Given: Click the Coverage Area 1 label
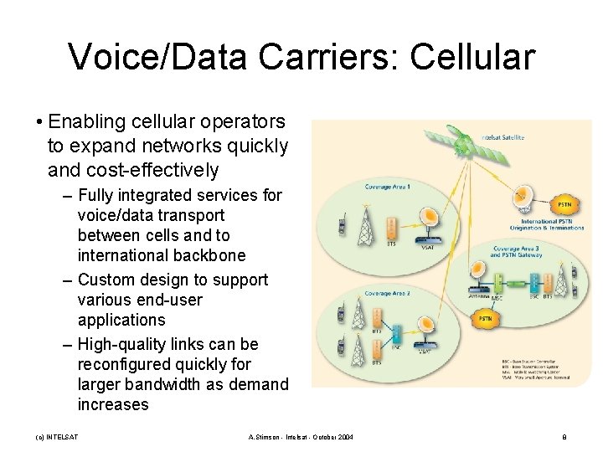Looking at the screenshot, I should tap(387, 186).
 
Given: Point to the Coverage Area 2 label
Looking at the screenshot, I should tap(387, 294).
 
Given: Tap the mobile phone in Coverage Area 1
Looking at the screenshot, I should tap(342, 225).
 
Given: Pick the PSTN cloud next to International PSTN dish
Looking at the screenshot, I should tap(565, 204).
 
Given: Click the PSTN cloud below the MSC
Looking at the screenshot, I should tap(485, 319).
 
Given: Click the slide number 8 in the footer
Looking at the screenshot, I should tap(564, 437).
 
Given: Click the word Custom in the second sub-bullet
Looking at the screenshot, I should tap(106, 280).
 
